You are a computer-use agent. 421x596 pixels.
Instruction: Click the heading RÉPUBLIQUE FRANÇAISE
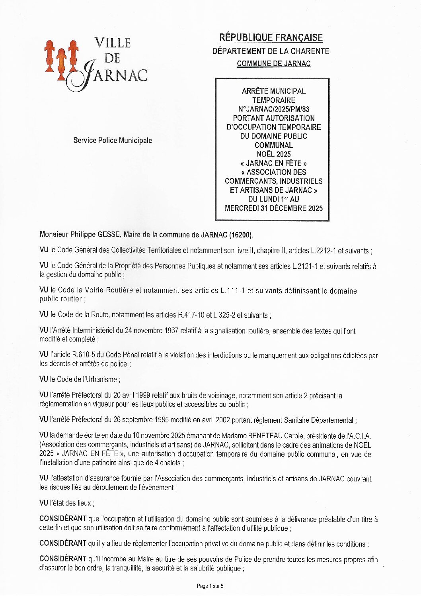tap(271, 38)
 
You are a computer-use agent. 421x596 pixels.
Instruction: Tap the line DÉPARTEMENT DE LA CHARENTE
tap(271, 51)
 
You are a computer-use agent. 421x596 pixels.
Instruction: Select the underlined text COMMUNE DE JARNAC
tap(273, 64)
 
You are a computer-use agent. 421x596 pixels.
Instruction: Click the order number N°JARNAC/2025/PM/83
tap(273, 109)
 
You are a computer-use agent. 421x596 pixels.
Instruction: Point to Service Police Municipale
tap(113, 140)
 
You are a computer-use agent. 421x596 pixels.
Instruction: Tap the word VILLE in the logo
tap(113, 43)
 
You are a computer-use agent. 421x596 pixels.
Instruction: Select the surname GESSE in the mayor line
tap(107, 235)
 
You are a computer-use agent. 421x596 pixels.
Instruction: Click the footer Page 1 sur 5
tap(210, 586)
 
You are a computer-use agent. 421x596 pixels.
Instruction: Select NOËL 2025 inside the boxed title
tap(273, 154)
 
